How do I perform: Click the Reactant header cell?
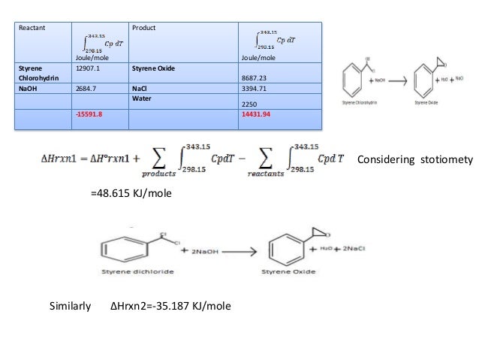point(32,28)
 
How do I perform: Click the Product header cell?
point(143,28)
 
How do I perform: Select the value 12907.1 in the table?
point(89,68)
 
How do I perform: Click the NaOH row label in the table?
point(31,87)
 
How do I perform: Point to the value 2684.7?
point(87,87)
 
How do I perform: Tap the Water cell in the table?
point(143,97)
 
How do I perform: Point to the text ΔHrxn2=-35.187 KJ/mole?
point(170,307)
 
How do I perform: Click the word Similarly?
point(70,307)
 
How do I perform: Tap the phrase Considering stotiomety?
point(414,160)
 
